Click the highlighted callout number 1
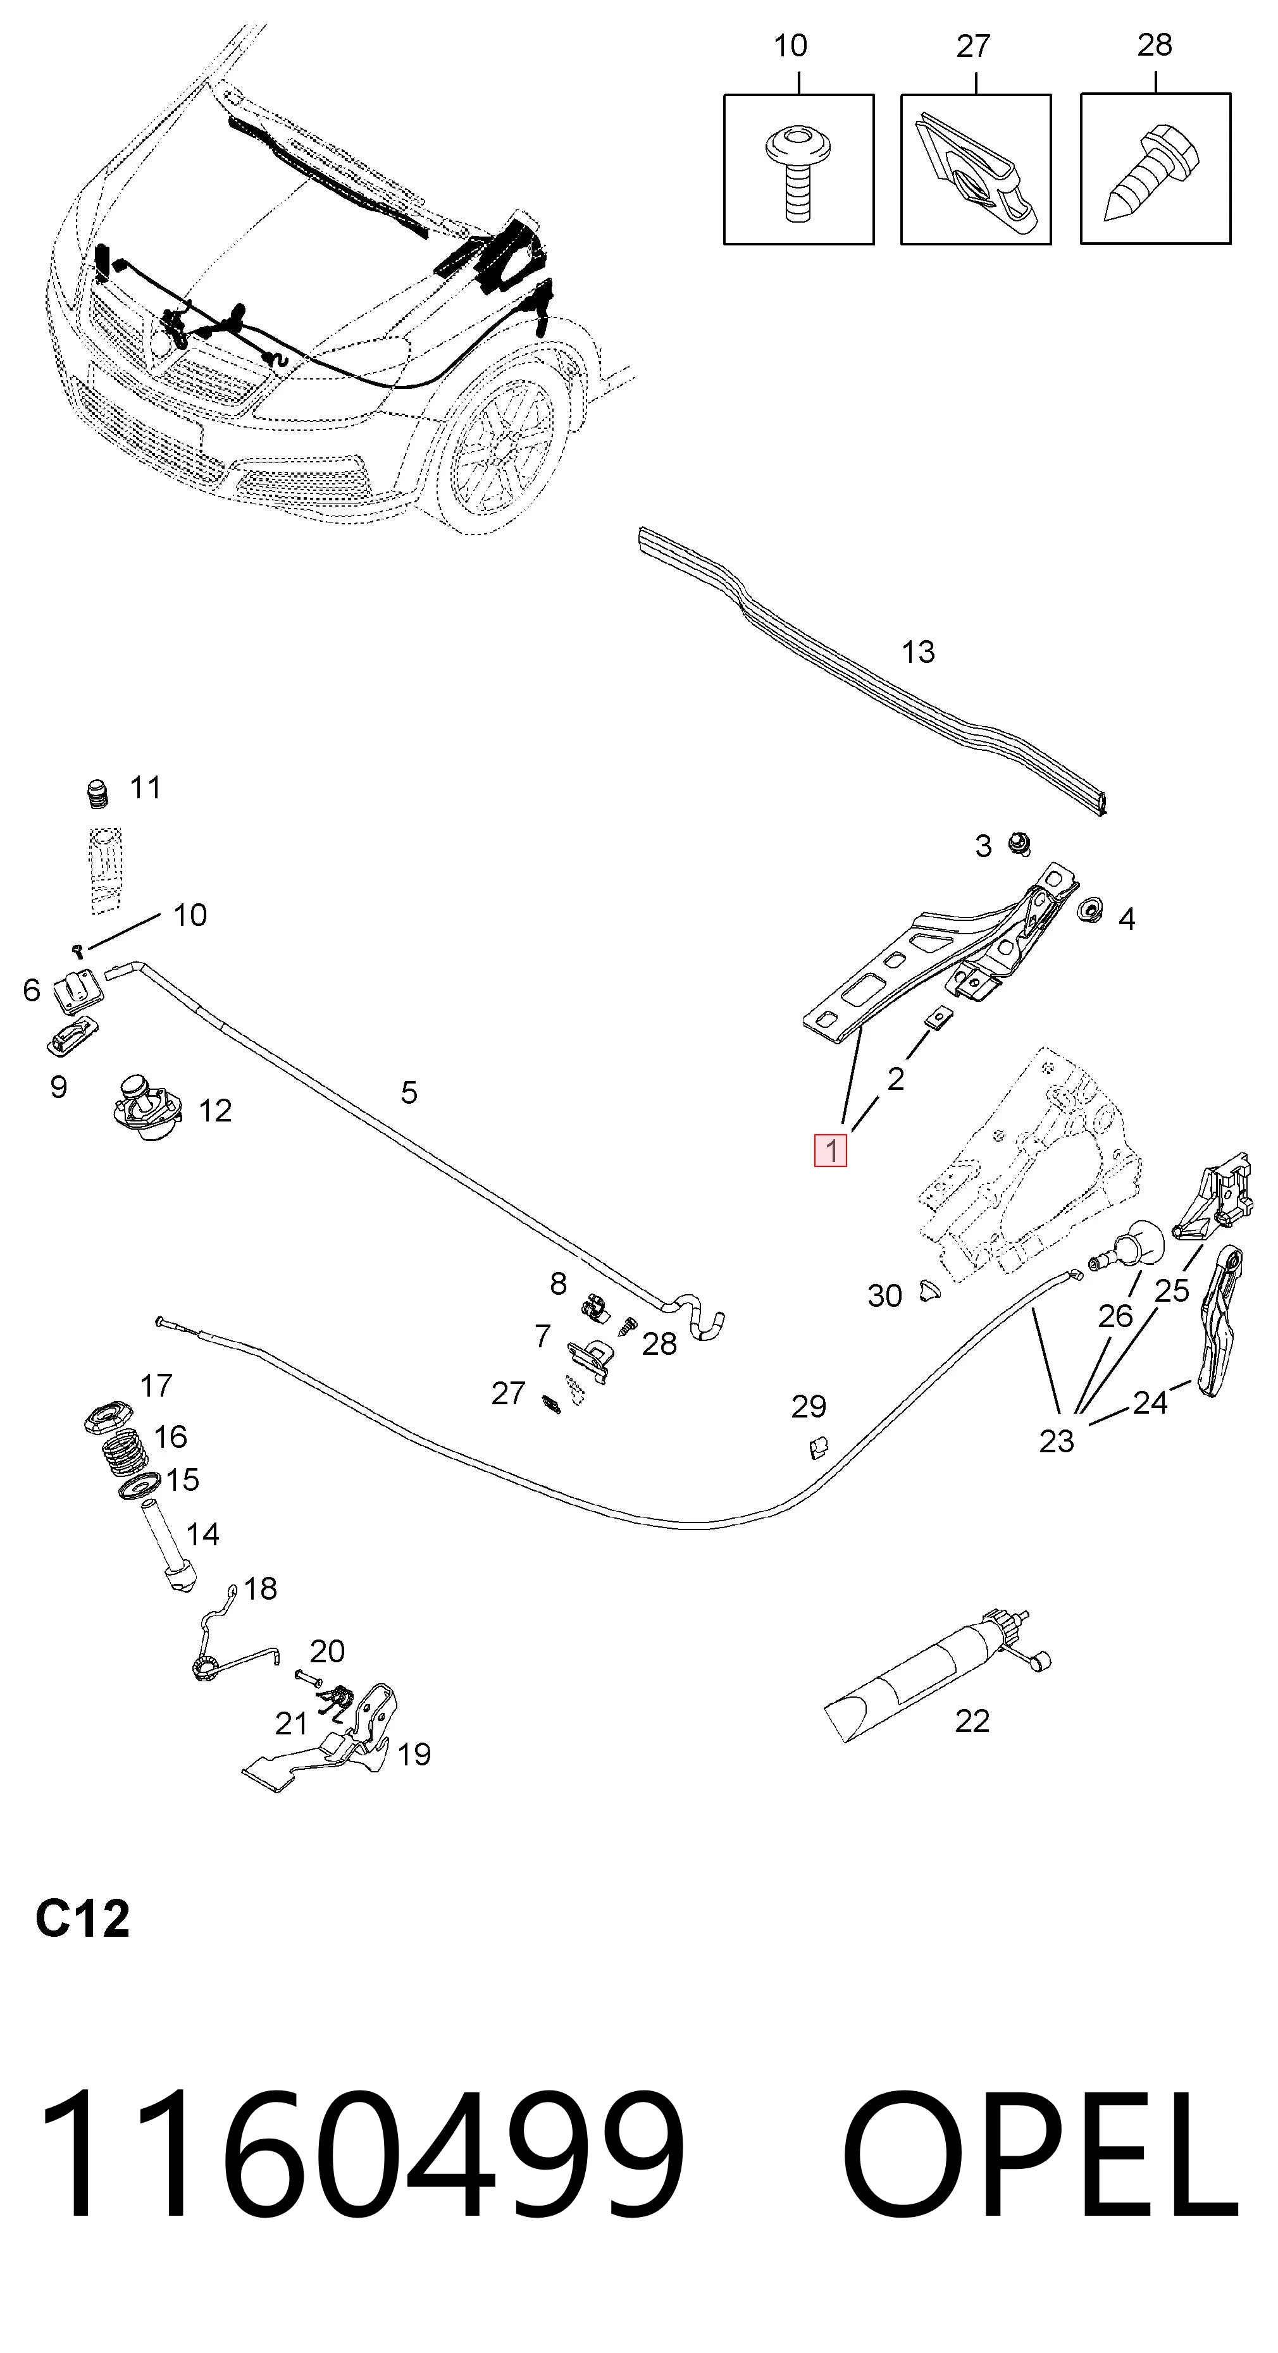pyautogui.click(x=830, y=1150)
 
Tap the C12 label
pyautogui.click(x=82, y=1920)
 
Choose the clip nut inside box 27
pyautogui.click(x=976, y=173)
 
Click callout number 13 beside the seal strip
pyautogui.click(x=918, y=652)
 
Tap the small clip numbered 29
pyautogui.click(x=819, y=1446)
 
